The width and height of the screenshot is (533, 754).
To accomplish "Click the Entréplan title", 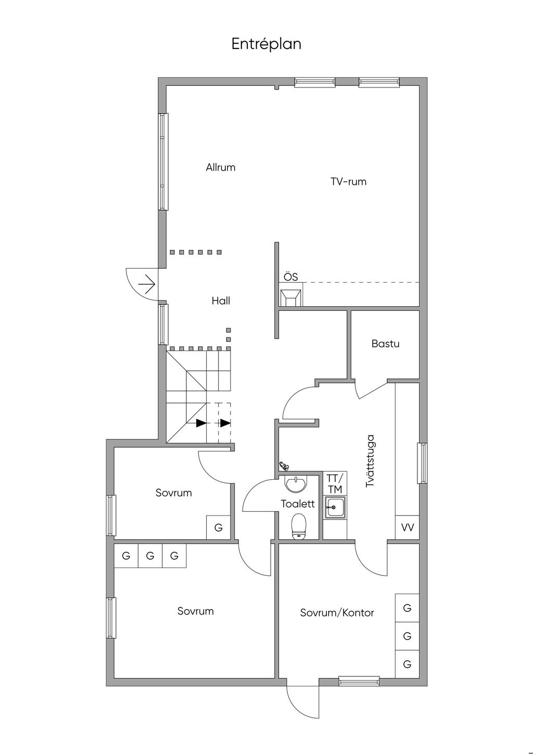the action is pyautogui.click(x=266, y=44).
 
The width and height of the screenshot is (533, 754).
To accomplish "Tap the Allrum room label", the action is pyautogui.click(x=220, y=167).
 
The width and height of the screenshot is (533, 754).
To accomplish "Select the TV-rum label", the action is pyautogui.click(x=348, y=182).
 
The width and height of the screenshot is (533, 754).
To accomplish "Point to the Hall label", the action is pyautogui.click(x=221, y=300).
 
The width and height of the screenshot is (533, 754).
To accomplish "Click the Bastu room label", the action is pyautogui.click(x=385, y=344).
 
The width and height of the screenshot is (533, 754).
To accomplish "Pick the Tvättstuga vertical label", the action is pyautogui.click(x=370, y=461).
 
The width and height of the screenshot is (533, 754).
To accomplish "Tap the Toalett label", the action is pyautogui.click(x=298, y=504).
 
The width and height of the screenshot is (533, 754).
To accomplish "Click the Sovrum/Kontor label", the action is pyautogui.click(x=337, y=612).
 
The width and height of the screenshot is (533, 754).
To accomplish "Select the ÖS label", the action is pyautogui.click(x=291, y=277).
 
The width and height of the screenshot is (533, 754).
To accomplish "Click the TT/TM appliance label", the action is pyautogui.click(x=335, y=484).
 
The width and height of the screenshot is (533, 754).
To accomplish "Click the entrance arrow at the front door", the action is pyautogui.click(x=147, y=284).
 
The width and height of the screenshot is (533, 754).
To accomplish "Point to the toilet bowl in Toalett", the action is pyautogui.click(x=298, y=525).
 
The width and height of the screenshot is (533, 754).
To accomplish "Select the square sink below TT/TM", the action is pyautogui.click(x=335, y=507).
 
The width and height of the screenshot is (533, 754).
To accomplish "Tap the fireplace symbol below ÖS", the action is pyautogui.click(x=291, y=297).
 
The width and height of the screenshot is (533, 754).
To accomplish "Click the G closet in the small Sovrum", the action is pyautogui.click(x=218, y=527).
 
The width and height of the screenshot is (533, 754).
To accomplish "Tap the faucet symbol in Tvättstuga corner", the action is pyautogui.click(x=284, y=466).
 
